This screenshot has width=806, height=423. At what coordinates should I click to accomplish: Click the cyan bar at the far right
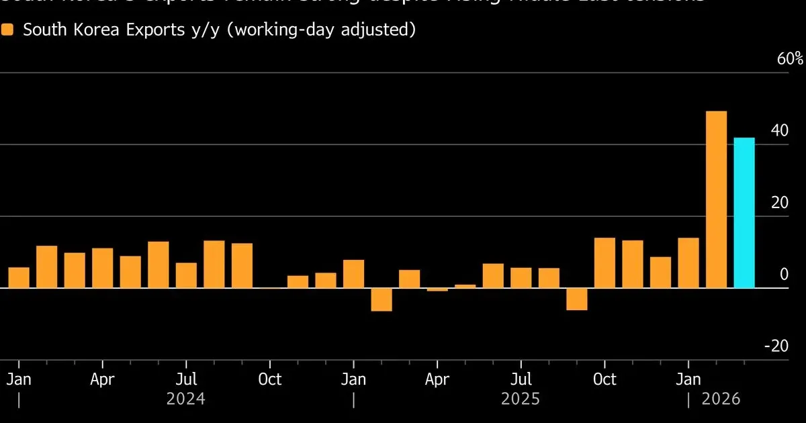[744, 213]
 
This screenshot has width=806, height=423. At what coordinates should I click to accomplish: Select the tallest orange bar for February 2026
[716, 199]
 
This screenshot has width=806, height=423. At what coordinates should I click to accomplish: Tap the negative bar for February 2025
[382, 299]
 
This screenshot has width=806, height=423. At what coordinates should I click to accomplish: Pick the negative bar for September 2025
[576, 299]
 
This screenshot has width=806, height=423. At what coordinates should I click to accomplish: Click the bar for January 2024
[19, 278]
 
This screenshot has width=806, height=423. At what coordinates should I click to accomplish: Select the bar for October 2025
[604, 263]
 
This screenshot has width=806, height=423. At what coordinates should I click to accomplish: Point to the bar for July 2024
[186, 275]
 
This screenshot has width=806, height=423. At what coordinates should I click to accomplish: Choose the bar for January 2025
[353, 274]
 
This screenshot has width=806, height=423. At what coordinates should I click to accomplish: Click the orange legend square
[8, 30]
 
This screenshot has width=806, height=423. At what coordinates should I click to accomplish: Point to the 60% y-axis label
[790, 59]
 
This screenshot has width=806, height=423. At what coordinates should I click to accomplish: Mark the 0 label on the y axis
[783, 274]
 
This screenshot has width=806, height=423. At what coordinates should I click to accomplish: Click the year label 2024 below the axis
[185, 399]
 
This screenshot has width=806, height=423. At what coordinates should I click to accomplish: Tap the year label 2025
[521, 399]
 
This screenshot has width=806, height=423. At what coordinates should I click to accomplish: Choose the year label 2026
[721, 399]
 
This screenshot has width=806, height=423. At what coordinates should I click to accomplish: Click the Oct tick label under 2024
[269, 379]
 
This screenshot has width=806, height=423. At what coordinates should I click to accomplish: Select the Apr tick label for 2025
[437, 379]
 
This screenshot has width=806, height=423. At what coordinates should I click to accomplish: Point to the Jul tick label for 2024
[186, 379]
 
